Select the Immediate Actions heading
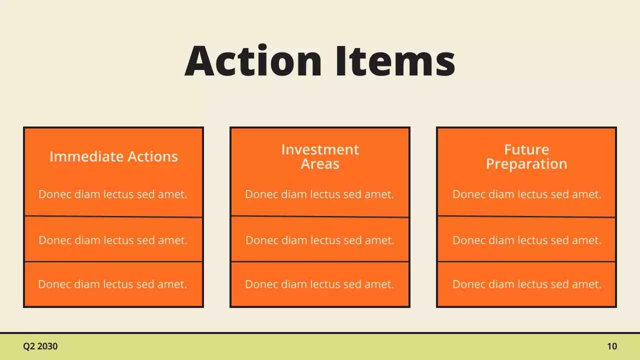pos(113,156)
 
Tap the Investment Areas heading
pos(320,156)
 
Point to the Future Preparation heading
pos(526,156)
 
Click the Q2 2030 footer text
pos(40,346)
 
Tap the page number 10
pos(612,346)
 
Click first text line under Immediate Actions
pos(113,194)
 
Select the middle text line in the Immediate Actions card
pos(113,240)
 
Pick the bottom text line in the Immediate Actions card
pos(112,284)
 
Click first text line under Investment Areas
pos(319,194)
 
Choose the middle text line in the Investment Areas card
pos(320,240)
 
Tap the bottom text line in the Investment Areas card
pos(319,284)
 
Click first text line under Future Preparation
pos(527,194)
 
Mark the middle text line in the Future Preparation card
pos(527,240)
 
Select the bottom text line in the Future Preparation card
pos(527,284)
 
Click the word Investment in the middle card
pos(320,149)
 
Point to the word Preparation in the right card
pos(526,164)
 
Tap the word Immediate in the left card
pos(80,156)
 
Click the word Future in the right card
pos(526,149)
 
